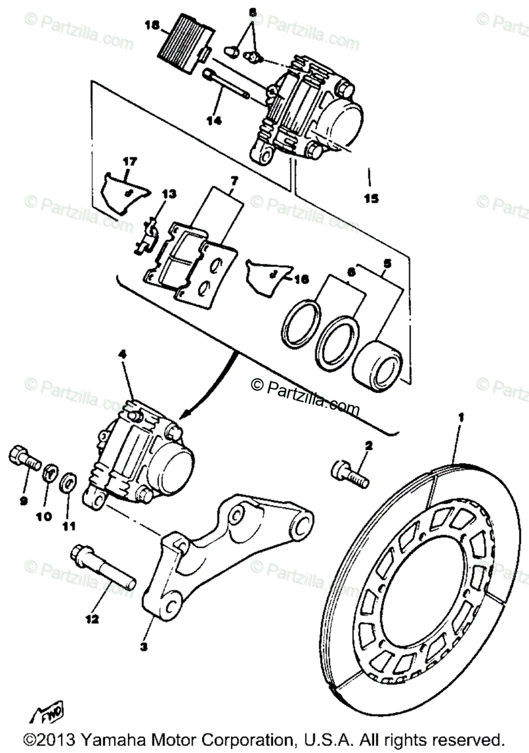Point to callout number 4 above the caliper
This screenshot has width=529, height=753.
[122, 355]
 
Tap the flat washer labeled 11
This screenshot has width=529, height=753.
[70, 483]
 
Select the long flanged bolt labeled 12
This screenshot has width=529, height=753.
[104, 569]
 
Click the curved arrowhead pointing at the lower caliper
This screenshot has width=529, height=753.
[184, 415]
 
